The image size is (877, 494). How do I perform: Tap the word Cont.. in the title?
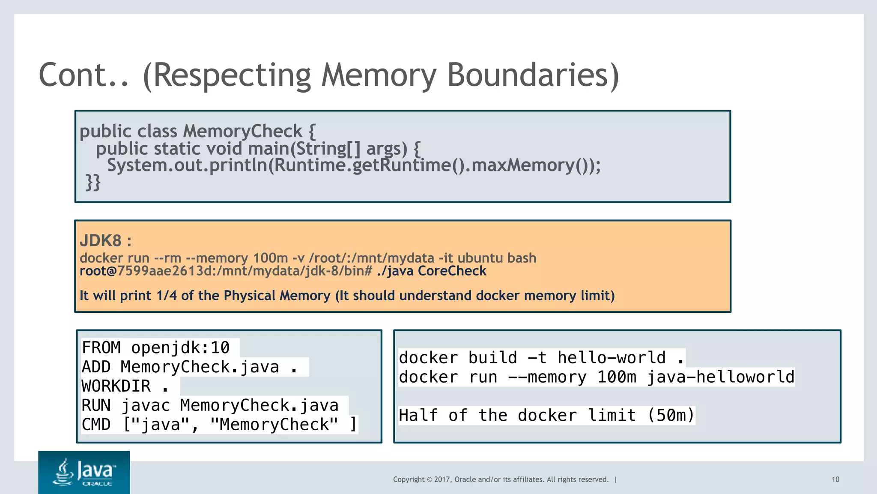84,75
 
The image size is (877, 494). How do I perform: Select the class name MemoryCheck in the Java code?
243,131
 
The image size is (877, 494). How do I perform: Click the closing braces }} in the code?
92,182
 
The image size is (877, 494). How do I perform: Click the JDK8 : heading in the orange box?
105,241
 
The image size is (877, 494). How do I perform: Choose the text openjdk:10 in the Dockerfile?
180,347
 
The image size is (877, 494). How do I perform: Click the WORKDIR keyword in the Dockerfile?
116,386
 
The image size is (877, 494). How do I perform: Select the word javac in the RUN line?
146,405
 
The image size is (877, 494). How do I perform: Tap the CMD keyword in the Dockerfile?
96,425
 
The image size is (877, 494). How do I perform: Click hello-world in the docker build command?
611,358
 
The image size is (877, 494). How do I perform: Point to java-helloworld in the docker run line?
720,377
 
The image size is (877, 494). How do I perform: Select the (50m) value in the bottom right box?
671,415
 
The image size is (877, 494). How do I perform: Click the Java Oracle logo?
84,472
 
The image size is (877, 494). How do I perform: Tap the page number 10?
835,479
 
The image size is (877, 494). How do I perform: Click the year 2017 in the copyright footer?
442,479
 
